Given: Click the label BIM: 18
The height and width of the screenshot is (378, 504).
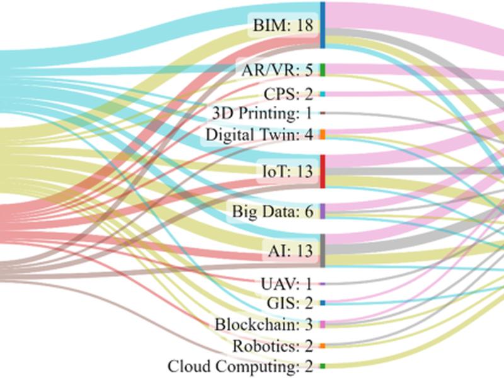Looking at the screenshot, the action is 283,25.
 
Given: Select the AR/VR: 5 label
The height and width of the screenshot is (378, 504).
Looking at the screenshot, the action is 277,70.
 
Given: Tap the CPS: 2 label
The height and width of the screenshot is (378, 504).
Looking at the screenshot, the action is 289,94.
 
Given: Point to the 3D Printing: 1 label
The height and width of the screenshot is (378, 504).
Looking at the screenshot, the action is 262,113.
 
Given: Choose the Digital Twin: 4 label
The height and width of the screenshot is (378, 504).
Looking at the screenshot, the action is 259,134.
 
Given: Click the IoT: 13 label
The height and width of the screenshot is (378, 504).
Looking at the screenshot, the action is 288,171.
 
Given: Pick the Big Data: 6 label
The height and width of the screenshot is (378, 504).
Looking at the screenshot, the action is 273,211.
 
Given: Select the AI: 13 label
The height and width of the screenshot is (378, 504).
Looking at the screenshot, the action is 290,250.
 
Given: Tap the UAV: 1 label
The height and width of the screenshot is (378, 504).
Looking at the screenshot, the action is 287,284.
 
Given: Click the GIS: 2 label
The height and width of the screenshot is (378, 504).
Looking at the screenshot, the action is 290,303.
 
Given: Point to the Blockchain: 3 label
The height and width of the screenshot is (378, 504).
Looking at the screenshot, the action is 263,324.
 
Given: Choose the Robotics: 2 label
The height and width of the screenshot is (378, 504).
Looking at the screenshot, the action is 273,346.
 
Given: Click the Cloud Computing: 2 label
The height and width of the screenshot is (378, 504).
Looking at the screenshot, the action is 240,366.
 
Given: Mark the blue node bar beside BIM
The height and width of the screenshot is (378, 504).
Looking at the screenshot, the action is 323,25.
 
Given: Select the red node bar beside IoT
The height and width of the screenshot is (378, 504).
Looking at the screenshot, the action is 323,171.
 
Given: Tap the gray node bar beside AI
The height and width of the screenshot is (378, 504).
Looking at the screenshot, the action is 323,250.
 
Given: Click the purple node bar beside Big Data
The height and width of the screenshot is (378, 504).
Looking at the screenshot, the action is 323,211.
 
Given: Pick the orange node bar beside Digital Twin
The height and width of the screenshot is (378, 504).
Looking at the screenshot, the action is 323,134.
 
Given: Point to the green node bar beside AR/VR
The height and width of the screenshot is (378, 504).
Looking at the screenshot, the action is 323,70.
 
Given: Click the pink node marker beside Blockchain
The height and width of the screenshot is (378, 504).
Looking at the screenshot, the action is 323,324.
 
